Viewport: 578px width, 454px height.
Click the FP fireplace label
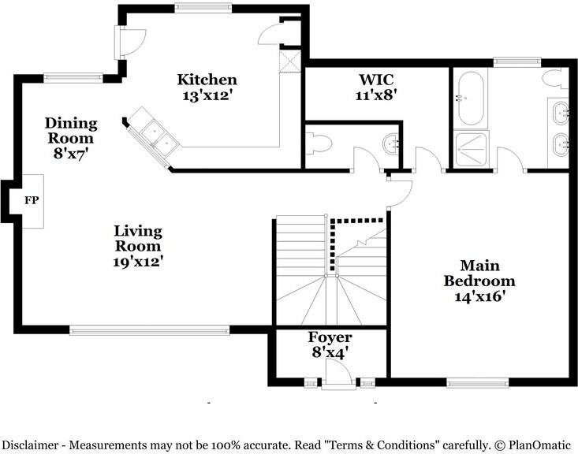click(32, 200)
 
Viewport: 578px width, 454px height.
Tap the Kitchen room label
click(207, 80)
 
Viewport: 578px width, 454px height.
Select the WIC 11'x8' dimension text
click(375, 95)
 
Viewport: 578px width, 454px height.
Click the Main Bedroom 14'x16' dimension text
click(479, 296)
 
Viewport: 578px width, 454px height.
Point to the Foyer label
click(330, 337)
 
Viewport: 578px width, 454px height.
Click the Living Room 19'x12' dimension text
click(138, 262)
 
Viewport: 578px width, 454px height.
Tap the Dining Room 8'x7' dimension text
click(71, 153)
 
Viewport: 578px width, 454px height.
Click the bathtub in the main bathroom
click(470, 99)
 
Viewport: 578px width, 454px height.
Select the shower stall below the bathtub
click(471, 149)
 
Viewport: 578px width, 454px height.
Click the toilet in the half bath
click(319, 144)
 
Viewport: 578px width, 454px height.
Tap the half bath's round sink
click(391, 144)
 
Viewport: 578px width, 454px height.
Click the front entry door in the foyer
click(338, 374)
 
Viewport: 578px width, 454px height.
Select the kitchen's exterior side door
click(130, 43)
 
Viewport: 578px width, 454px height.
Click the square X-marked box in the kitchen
click(290, 61)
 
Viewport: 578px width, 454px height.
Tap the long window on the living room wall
click(150, 330)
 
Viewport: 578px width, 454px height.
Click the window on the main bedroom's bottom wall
click(478, 383)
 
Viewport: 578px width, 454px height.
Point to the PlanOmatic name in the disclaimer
click(539, 445)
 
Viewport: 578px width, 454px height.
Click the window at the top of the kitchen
click(203, 8)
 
